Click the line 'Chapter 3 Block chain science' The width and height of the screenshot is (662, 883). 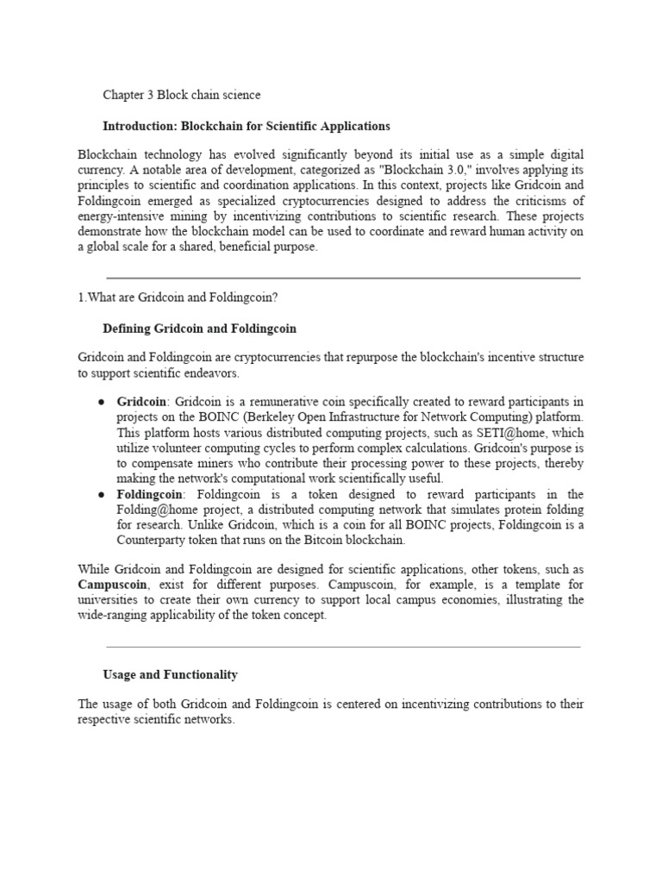coord(181,95)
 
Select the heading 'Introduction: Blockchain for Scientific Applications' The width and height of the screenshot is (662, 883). coord(247,126)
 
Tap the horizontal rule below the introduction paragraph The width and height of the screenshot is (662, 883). coord(343,279)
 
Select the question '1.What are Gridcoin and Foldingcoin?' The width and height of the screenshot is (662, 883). coord(179,297)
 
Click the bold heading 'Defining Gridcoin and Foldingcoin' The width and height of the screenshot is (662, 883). coord(199,329)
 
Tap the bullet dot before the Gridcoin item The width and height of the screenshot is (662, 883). coord(102,402)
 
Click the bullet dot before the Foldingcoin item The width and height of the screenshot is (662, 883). coord(102,495)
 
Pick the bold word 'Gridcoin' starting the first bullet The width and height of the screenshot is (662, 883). coord(142,402)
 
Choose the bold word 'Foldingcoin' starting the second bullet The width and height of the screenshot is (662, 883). coord(149,495)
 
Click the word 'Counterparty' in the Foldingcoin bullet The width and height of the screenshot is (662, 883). coord(153,542)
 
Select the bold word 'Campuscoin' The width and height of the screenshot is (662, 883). coord(112,585)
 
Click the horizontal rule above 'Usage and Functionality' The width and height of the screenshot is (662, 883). coord(343,646)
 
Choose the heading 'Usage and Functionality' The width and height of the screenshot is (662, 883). coord(170,674)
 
